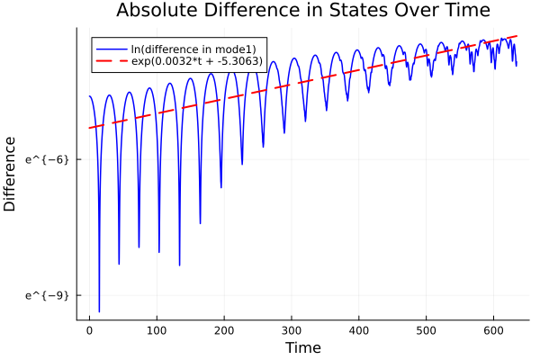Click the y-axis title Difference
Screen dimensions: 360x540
(x=10, y=174)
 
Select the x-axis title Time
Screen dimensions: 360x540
(x=302, y=347)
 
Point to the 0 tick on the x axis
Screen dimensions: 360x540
(x=89, y=330)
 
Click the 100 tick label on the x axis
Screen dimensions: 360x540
(x=157, y=330)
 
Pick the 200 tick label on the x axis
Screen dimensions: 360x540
(x=224, y=330)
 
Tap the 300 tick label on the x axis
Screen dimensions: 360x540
(x=292, y=330)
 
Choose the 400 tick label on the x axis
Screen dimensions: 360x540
(x=359, y=330)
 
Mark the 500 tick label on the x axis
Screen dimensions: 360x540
(x=427, y=330)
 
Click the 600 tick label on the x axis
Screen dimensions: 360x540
(x=494, y=330)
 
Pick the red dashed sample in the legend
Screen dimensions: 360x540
(x=112, y=63)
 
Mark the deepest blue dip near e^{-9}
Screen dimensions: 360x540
(x=99, y=310)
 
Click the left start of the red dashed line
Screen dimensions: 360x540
(x=89, y=128)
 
